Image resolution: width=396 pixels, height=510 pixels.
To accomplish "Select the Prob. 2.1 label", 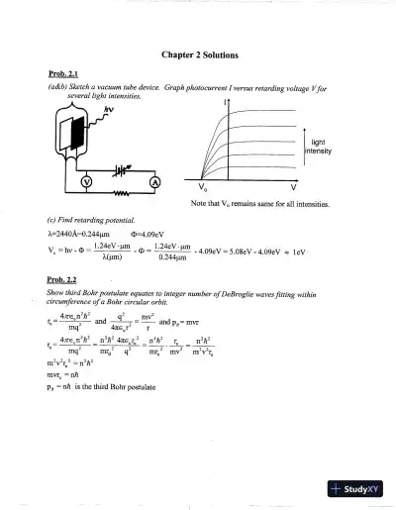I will coord(62,74).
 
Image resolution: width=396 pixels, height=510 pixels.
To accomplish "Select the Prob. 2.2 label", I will coord(62,280).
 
